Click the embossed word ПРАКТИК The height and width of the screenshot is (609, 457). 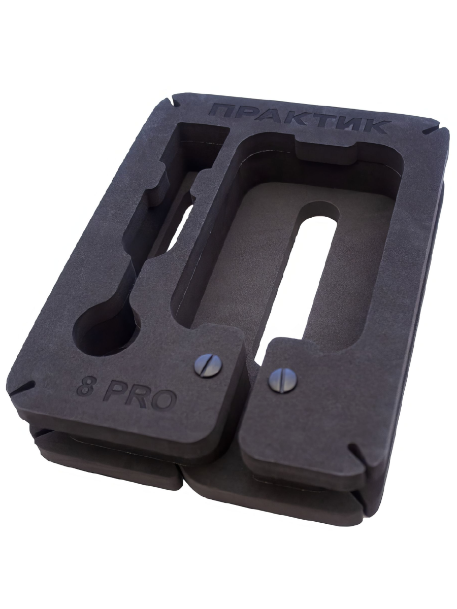coord(297,118)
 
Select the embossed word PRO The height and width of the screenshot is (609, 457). coord(140,396)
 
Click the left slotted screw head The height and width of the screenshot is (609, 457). coord(209,366)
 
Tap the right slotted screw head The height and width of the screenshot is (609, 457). coord(282,380)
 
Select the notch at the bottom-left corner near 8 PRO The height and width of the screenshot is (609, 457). coord(22,387)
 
